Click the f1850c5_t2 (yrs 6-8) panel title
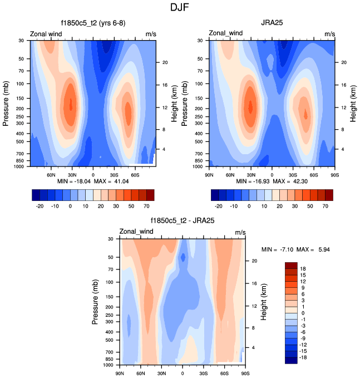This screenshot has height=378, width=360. point(92,23)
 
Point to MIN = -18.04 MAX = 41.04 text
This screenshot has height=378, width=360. point(92,181)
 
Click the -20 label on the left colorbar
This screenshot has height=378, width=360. point(39,206)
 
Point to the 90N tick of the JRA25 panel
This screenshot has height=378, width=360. point(209,174)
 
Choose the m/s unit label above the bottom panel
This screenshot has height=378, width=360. point(240,232)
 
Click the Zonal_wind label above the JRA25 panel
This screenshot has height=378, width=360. point(225,34)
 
